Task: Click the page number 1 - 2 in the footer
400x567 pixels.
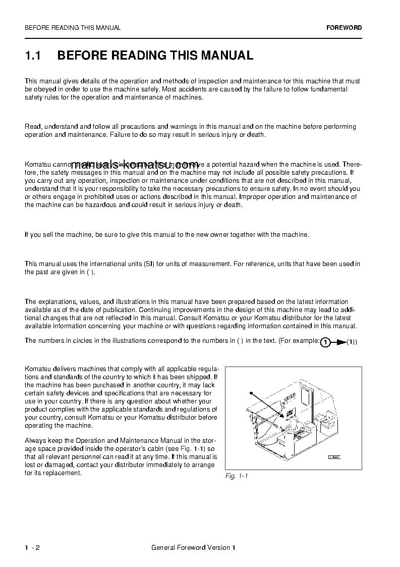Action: [x=32, y=548]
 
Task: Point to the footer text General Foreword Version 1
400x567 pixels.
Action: [x=193, y=548]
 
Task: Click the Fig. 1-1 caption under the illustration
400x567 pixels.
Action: [x=237, y=476]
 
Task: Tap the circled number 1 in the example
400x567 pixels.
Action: [x=326, y=342]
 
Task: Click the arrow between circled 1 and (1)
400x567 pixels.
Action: [x=340, y=342]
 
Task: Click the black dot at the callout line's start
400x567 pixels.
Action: [x=250, y=392]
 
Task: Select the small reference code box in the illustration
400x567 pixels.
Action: [x=334, y=456]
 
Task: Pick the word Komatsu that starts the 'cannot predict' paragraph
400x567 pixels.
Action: [x=36, y=164]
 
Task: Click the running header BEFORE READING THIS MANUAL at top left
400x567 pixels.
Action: [x=73, y=28]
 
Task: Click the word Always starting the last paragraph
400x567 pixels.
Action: [x=35, y=441]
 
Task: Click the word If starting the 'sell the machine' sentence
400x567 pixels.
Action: [x=27, y=234]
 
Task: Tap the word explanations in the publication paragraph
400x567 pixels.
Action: [x=55, y=302]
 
